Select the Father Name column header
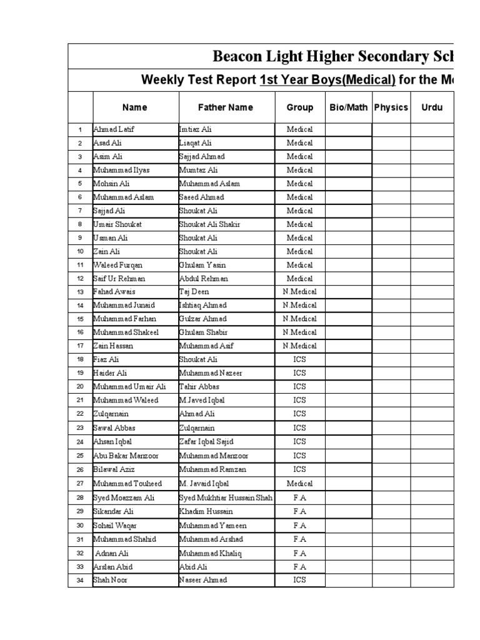tap(226, 107)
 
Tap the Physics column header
tap(391, 107)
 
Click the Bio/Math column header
tap(349, 107)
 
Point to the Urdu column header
tap(432, 107)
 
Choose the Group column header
tap(300, 107)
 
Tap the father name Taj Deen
tap(194, 292)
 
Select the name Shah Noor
tap(111, 579)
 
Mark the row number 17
tap(80, 346)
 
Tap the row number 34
tap(80, 580)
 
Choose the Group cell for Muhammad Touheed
tap(300, 484)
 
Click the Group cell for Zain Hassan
tap(300, 346)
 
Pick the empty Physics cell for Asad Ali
tap(391, 143)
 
